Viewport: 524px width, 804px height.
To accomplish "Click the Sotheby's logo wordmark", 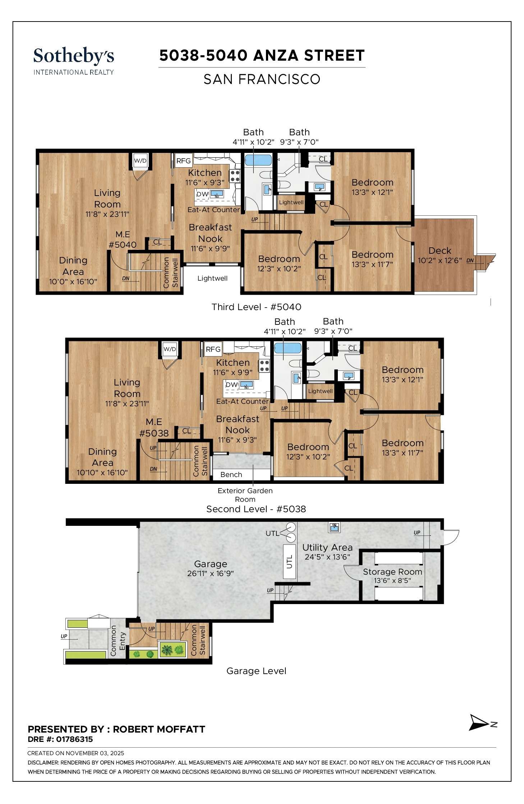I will (73, 56).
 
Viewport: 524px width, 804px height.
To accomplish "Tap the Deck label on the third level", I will (439, 251).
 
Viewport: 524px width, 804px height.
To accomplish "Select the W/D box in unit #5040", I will (140, 160).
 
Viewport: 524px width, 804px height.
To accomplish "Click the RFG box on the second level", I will (213, 349).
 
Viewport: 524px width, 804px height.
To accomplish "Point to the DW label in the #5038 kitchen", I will (231, 384).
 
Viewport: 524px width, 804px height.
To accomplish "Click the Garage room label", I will (210, 564).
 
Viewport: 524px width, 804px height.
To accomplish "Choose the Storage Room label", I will (392, 572).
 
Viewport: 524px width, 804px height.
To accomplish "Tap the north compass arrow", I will (479, 722).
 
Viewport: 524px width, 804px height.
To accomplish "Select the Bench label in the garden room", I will (231, 475).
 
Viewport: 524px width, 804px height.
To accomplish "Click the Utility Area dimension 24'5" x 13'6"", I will (327, 557).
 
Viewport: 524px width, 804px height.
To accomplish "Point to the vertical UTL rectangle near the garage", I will (289, 561).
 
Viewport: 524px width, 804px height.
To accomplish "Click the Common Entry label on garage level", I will (118, 640).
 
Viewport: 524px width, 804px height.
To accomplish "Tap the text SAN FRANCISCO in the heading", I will (262, 79).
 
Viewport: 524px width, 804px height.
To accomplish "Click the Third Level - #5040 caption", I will (256, 307).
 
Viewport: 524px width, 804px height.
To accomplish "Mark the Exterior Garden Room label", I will (245, 495).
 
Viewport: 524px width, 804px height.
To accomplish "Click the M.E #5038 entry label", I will (154, 427).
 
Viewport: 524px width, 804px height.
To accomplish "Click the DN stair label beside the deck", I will (470, 261).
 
